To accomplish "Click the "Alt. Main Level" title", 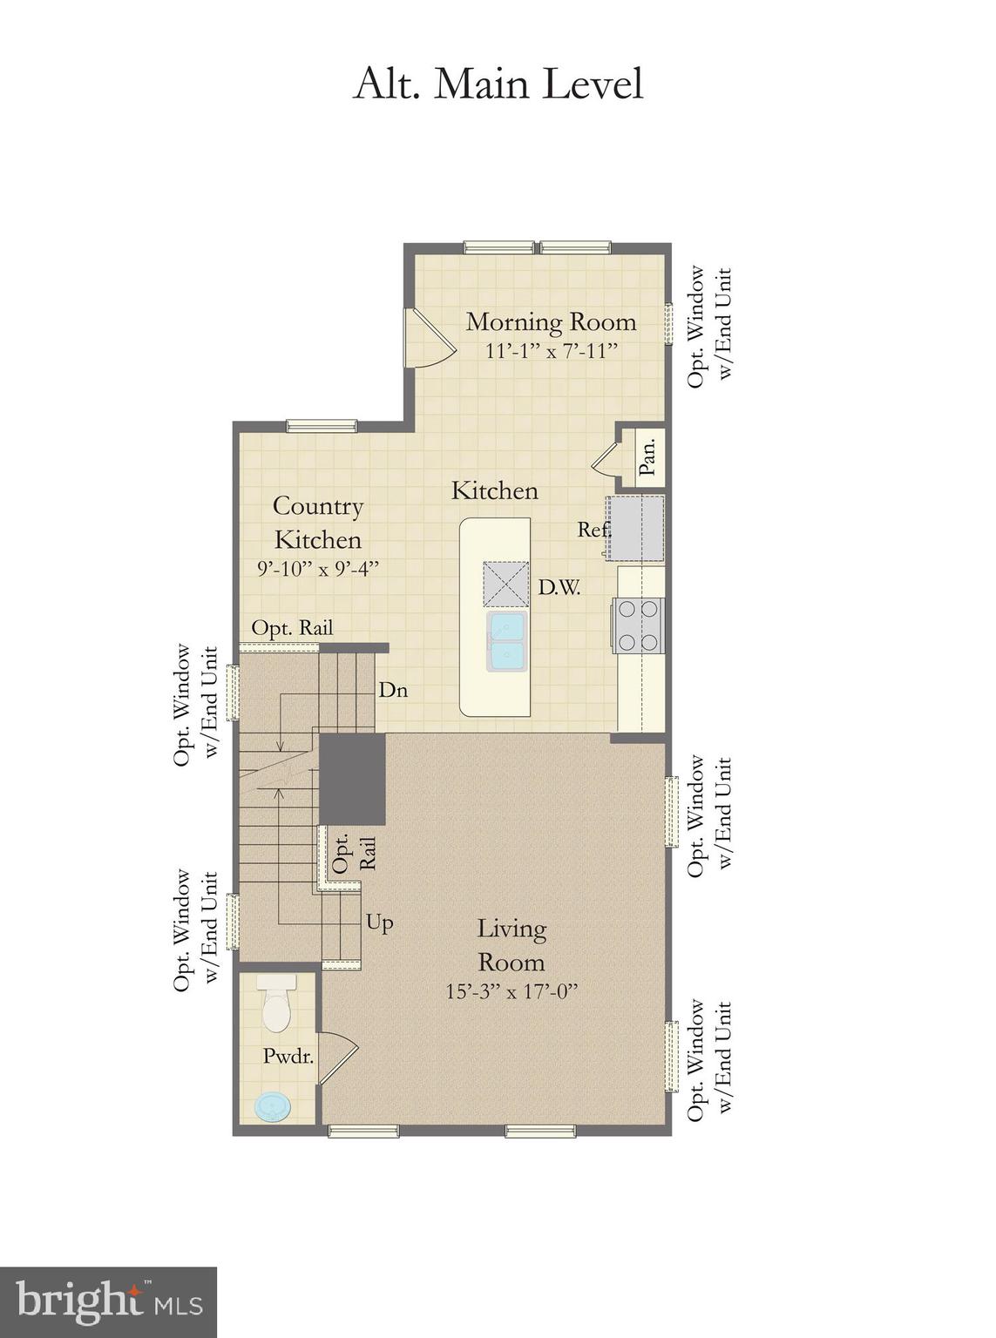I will (x=498, y=84).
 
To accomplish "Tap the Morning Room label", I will (x=551, y=321).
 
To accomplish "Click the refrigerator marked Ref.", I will (x=635, y=528).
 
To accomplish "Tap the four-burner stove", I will (x=640, y=625).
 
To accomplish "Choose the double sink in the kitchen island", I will (x=507, y=641).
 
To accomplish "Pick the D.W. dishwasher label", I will (x=559, y=587).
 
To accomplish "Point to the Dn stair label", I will (x=393, y=690).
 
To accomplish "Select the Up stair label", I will (x=379, y=922).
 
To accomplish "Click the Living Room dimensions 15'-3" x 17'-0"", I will (x=512, y=991).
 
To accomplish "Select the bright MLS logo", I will (x=108, y=1302).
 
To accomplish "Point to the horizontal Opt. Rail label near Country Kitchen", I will (x=292, y=627).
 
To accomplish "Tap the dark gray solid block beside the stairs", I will (x=352, y=778).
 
